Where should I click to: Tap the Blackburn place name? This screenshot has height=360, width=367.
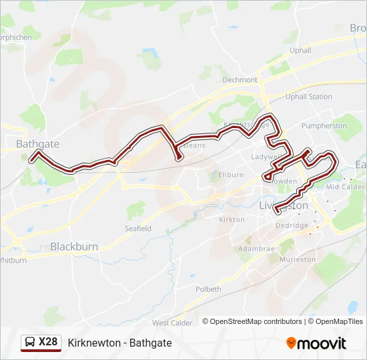(74, 247)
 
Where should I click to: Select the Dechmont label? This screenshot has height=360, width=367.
(240, 80)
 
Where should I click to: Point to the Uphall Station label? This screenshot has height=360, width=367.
(308, 97)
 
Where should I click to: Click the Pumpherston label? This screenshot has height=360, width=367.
(324, 125)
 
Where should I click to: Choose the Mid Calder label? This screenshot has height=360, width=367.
(344, 187)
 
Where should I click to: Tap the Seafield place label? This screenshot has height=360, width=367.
(138, 229)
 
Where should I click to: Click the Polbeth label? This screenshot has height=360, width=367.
(208, 289)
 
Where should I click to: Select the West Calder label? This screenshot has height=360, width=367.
(172, 323)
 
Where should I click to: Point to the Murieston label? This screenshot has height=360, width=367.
(298, 259)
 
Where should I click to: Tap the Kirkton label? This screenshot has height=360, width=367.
(232, 219)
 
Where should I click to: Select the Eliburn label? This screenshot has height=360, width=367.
(230, 175)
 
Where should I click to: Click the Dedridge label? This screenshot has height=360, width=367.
(292, 225)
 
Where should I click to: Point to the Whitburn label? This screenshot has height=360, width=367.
(13, 261)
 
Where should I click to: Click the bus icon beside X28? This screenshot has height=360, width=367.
(30, 343)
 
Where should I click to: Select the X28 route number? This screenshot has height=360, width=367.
(48, 343)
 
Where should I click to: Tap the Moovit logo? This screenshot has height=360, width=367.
(316, 343)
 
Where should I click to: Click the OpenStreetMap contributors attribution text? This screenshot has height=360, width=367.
(256, 321)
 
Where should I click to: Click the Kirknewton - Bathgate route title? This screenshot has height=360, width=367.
(120, 343)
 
